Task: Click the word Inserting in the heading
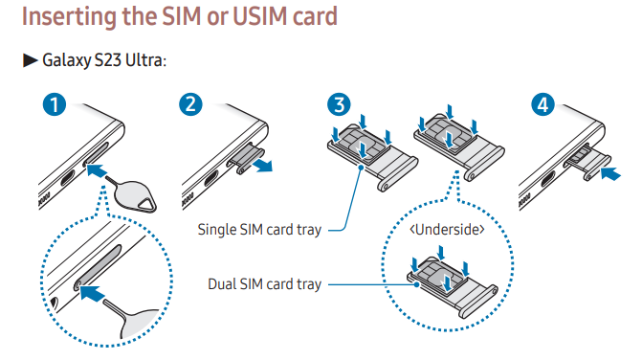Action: pos(76,18)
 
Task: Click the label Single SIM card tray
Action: pos(259,229)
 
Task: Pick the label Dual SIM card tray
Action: pos(265,284)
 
